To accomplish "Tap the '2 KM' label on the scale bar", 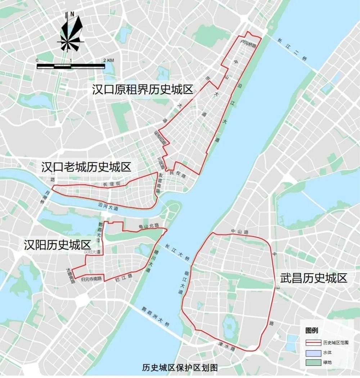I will click(108, 60).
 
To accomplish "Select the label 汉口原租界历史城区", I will click(143, 90).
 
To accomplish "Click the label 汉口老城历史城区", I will click(86, 167).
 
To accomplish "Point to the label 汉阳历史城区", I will click(57, 245).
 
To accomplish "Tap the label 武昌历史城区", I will click(314, 278).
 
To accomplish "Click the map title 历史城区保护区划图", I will click(180, 368).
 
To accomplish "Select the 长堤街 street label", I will click(111, 184).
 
